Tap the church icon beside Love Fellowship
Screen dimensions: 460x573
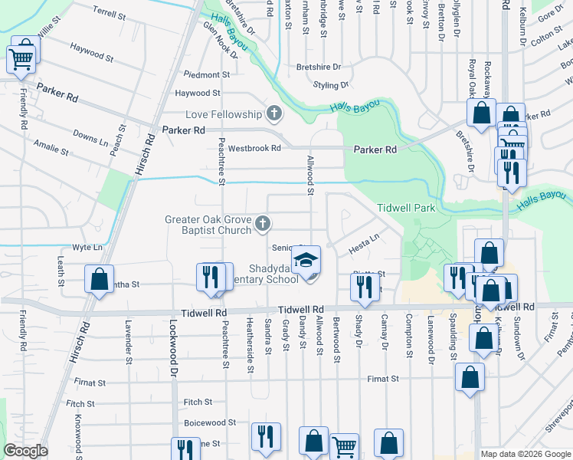click(273, 114)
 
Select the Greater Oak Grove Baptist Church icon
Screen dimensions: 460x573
click(263, 224)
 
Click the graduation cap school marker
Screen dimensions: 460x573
click(306, 261)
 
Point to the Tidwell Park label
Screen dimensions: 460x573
click(406, 208)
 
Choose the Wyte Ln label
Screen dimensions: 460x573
click(87, 248)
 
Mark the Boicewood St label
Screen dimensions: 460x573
click(209, 422)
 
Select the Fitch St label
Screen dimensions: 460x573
click(198, 402)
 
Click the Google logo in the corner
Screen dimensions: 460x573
click(25, 451)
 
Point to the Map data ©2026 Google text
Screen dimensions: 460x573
click(525, 454)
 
